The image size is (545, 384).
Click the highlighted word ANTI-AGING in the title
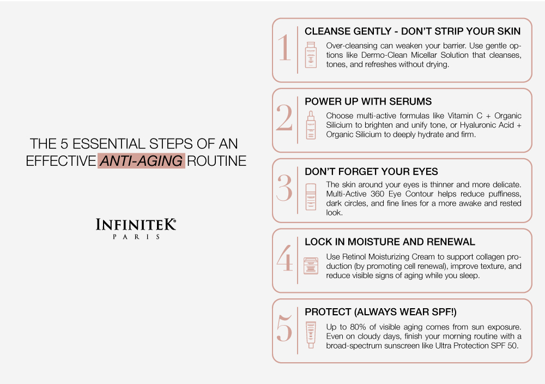pyautogui.click(x=141, y=161)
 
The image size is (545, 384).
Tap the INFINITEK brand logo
pyautogui.click(x=136, y=225)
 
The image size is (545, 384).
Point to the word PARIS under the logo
pyautogui.click(x=136, y=237)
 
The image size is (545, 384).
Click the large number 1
pyautogui.click(x=284, y=47)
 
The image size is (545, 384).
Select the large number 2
pyautogui.click(x=284, y=118)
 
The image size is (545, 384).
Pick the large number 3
pyautogui.click(x=284, y=188)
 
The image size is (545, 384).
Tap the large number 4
pyautogui.click(x=284, y=258)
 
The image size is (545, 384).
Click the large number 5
pyautogui.click(x=284, y=328)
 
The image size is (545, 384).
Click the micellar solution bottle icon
pyautogui.click(x=311, y=55)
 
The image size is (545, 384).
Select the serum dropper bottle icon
pyautogui.click(x=311, y=125)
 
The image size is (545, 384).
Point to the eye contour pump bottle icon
pyautogui.click(x=311, y=197)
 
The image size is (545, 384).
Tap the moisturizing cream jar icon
pyautogui.click(x=311, y=266)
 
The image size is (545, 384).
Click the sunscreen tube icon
pyautogui.click(x=311, y=334)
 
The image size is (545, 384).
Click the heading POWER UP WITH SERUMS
pyautogui.click(x=368, y=101)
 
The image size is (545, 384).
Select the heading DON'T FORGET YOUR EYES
pyautogui.click(x=371, y=171)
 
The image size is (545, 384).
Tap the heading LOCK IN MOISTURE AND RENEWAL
pyautogui.click(x=390, y=242)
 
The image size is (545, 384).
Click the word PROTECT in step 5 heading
pyautogui.click(x=328, y=312)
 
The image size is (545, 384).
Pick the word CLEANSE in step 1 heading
pyautogui.click(x=326, y=31)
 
